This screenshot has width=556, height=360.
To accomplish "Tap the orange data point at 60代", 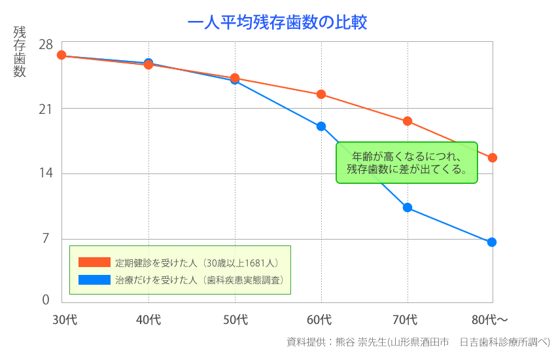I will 321,94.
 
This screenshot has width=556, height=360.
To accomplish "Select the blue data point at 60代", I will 321,126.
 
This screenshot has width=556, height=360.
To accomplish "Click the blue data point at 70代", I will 408,207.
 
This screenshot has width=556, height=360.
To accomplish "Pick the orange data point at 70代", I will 408,121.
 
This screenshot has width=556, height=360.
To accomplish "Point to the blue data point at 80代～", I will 492,242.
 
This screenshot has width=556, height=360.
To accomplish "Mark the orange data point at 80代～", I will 493,158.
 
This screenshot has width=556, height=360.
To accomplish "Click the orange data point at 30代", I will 61,55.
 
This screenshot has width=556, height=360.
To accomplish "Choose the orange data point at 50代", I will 235,79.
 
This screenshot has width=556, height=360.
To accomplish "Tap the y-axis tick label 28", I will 46,45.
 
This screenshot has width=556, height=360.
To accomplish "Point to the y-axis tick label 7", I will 46,238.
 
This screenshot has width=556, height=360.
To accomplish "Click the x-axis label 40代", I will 148,320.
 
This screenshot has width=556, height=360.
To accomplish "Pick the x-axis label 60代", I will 321,320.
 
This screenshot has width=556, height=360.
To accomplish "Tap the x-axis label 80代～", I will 490,320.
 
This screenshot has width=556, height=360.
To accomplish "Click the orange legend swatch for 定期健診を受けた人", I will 94,262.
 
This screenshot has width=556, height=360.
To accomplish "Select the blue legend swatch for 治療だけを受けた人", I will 94,279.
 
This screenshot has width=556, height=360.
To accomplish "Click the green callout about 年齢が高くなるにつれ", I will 407,162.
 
